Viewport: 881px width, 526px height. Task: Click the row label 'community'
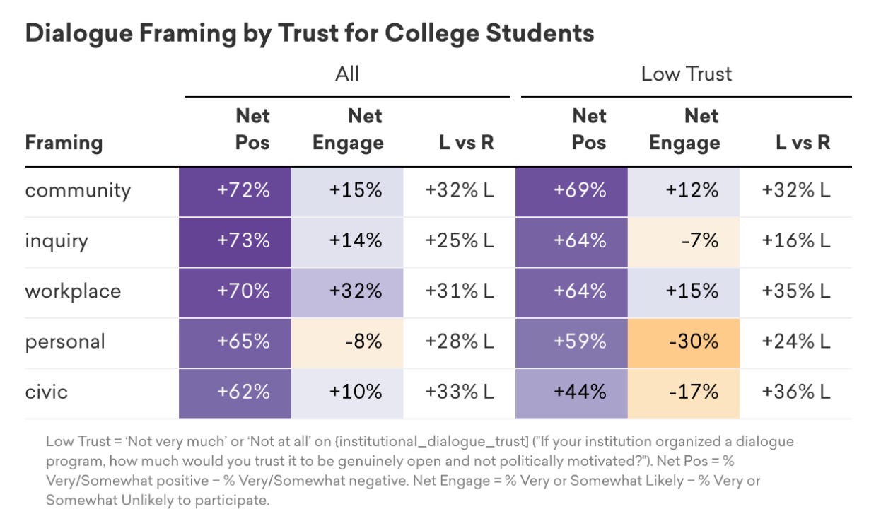(78, 192)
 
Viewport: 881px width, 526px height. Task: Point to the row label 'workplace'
(73, 292)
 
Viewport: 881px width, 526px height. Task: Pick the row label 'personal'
(65, 342)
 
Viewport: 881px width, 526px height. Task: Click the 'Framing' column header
(64, 143)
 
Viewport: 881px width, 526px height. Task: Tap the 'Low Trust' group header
(687, 74)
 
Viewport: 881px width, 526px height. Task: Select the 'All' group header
(347, 74)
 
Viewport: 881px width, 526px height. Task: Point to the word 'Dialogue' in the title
(79, 34)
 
